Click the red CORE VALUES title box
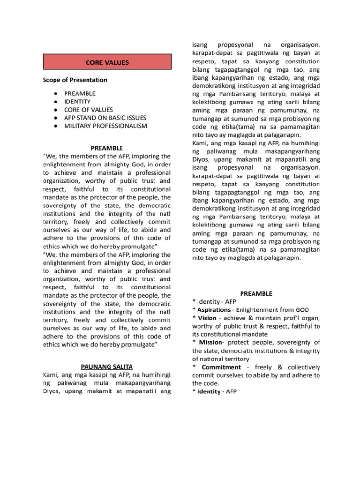[x=107, y=62]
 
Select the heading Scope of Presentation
[x=75, y=80]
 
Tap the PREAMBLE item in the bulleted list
[x=80, y=93]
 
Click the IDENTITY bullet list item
[x=77, y=101]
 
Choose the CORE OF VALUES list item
[x=89, y=110]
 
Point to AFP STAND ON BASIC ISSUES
[x=105, y=118]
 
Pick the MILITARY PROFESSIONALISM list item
[x=105, y=126]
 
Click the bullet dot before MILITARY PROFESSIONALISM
[x=56, y=126]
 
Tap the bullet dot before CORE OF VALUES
[x=56, y=110]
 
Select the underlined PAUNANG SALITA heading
[x=107, y=366]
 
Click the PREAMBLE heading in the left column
[x=107, y=148]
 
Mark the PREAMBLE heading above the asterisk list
[x=256, y=293]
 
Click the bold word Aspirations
[x=214, y=310]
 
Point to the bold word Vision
[x=207, y=318]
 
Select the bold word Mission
[x=210, y=342]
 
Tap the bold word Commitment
[x=221, y=367]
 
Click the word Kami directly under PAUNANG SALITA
[x=51, y=375]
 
